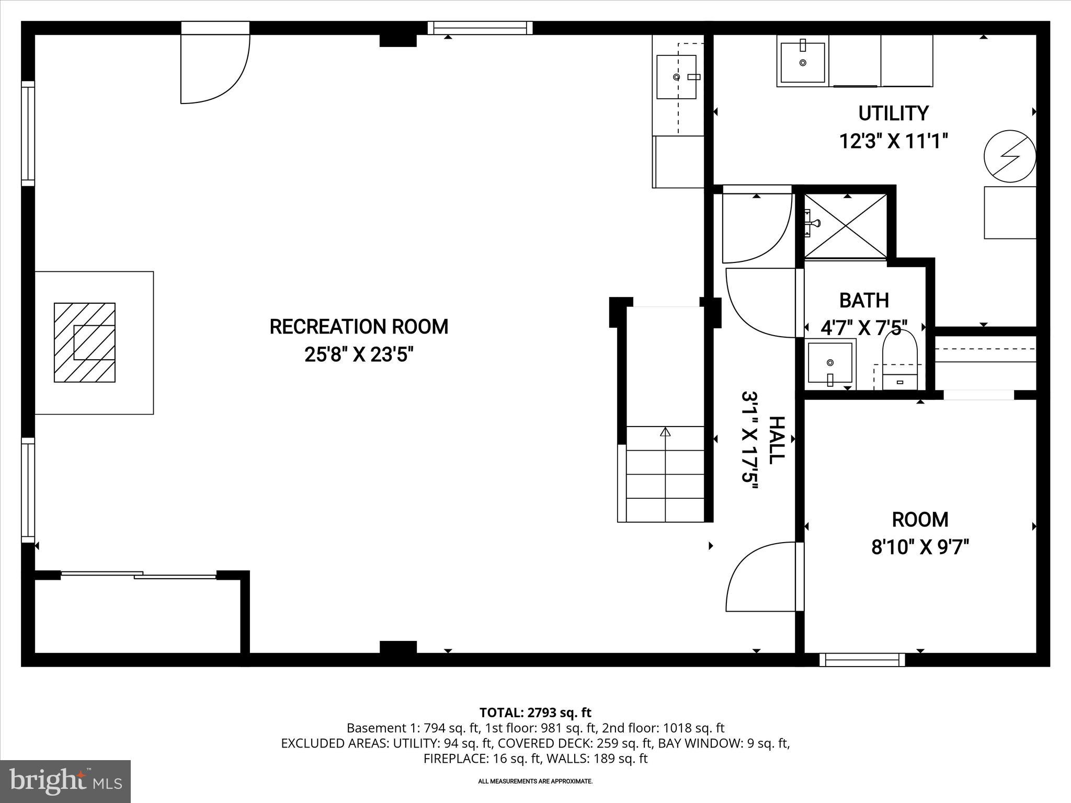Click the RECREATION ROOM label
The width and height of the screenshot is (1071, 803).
[359, 327]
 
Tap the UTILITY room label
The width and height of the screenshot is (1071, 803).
[893, 113]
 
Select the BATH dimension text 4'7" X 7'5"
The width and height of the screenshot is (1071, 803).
[863, 328]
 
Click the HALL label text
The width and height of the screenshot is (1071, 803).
[776, 440]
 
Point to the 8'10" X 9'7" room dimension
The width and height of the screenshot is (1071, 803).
[920, 548]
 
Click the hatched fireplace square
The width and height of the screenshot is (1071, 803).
[85, 342]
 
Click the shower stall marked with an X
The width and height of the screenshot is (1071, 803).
[845, 225]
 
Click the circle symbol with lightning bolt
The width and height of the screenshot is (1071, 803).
[1009, 156]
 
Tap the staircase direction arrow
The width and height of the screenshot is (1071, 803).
[665, 432]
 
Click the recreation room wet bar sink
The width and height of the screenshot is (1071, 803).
[676, 77]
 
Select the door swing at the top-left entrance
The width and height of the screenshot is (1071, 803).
[214, 68]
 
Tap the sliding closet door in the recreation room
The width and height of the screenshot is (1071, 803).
[139, 575]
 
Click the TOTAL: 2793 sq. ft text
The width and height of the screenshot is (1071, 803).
[535, 712]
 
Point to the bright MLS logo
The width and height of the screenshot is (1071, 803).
[65, 781]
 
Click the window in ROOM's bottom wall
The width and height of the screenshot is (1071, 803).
[862, 660]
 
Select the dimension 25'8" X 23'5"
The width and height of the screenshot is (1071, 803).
[359, 355]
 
